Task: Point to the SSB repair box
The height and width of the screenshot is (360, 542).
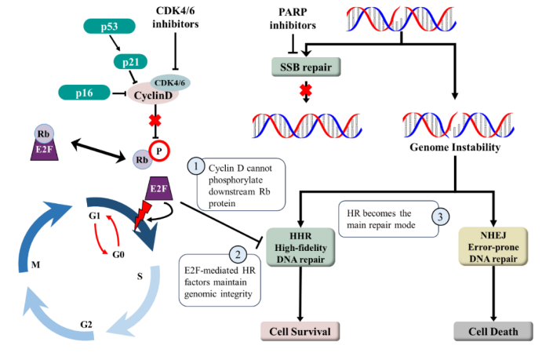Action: [305, 67]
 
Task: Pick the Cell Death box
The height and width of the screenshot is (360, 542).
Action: [493, 331]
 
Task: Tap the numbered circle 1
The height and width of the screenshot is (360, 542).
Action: [196, 167]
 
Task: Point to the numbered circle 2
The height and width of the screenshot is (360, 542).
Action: [235, 254]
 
